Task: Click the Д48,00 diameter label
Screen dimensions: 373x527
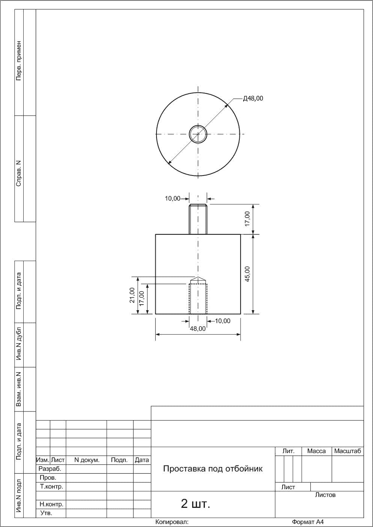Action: coord(253,98)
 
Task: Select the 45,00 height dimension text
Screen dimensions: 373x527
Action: coord(247,274)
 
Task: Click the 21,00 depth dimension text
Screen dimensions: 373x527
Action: coord(132,295)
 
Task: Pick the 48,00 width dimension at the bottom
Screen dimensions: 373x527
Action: coord(198,329)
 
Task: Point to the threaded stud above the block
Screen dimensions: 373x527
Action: coord(198,219)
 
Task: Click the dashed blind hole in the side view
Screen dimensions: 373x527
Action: coord(198,299)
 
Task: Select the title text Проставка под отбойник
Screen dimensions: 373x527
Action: coord(213,468)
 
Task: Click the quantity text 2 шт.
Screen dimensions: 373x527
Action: coord(196,504)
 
